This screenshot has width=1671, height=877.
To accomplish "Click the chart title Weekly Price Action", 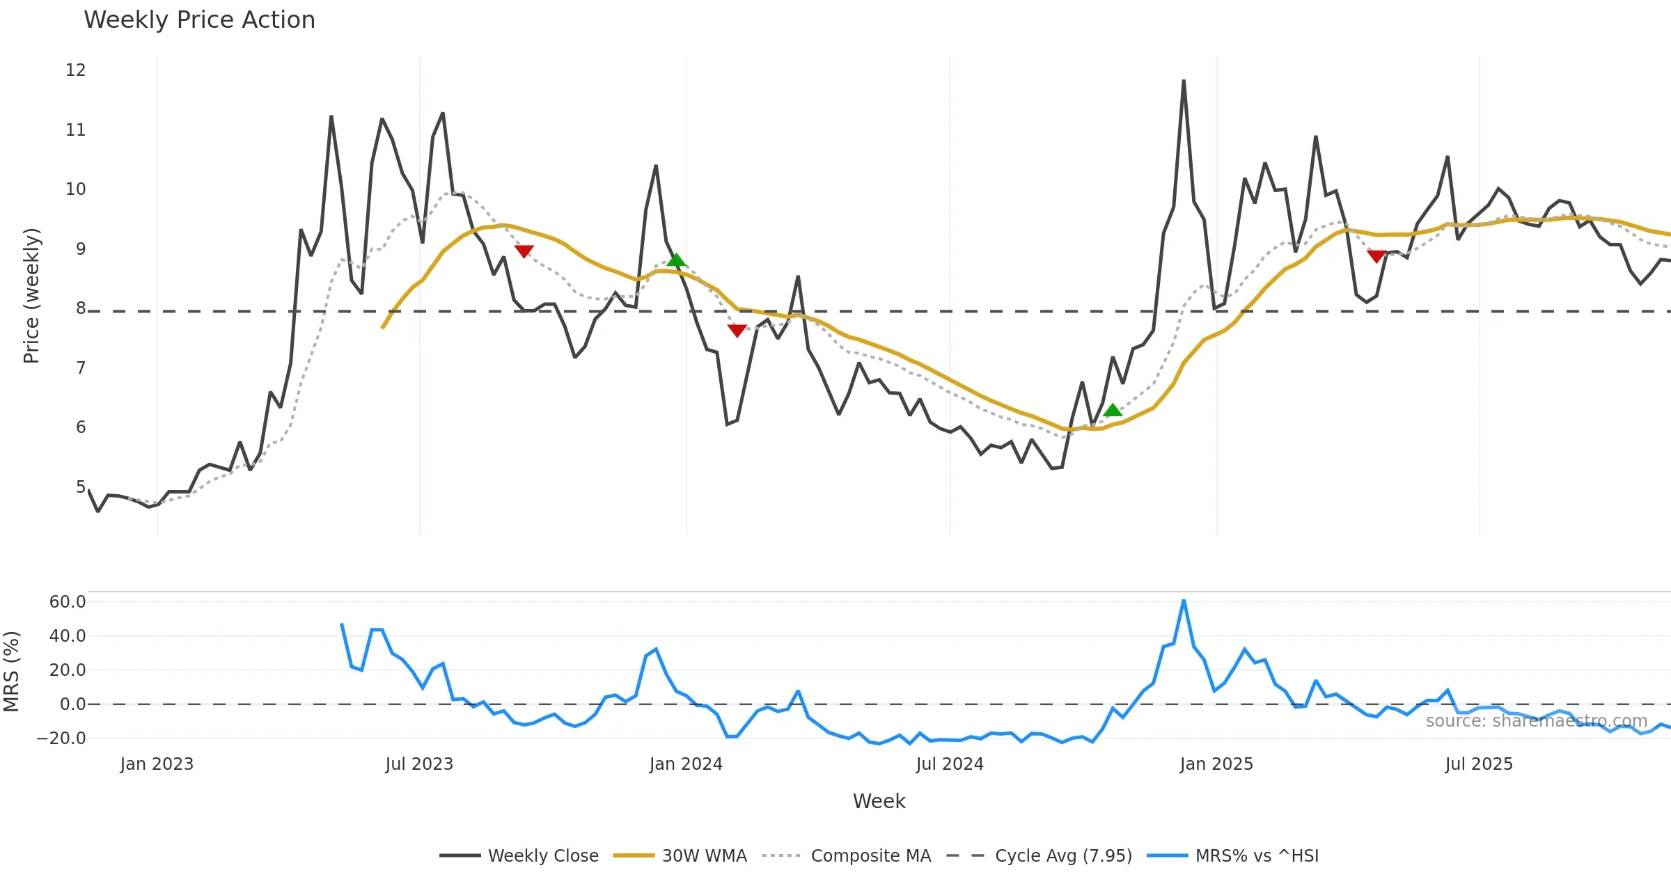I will (199, 20).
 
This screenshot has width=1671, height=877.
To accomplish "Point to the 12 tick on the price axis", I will (76, 70).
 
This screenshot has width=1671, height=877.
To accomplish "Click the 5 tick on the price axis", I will (81, 487).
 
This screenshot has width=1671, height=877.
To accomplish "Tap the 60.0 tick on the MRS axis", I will (68, 602).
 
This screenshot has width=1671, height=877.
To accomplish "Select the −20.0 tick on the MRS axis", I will (61, 738).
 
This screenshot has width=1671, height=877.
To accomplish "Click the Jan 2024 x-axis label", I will (686, 764).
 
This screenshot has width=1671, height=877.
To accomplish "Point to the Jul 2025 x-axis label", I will (1479, 764).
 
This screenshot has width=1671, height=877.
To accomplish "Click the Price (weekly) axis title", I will (32, 296).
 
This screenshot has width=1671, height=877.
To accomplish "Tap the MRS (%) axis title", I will (11, 672).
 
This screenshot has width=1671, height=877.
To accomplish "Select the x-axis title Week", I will (879, 802).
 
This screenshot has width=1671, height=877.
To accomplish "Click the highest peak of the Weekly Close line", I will (1184, 81).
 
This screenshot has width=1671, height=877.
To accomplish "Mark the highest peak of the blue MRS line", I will (1184, 601).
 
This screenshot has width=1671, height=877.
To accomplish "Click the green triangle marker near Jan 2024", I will (676, 260).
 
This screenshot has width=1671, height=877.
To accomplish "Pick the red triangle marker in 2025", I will (1376, 256).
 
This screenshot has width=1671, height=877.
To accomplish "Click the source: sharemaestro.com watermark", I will (1536, 721).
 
